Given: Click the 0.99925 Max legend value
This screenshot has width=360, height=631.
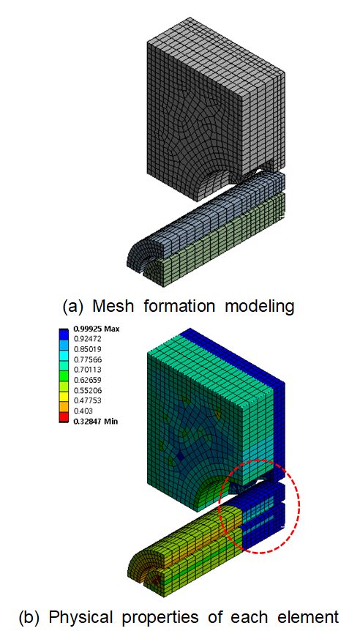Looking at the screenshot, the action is (x=96, y=329).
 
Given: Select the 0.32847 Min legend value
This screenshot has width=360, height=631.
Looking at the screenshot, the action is (x=96, y=422).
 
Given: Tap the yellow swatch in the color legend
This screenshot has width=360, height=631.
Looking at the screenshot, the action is (x=64, y=395).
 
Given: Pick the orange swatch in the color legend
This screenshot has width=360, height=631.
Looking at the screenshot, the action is (x=64, y=406).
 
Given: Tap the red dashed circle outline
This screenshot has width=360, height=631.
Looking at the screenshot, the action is (x=299, y=507).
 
